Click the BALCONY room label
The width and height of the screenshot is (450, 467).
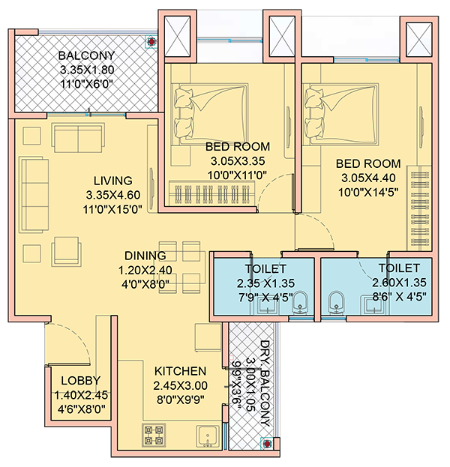[87, 55]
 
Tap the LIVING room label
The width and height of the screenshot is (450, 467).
[113, 181]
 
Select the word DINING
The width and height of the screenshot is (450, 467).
[145, 256]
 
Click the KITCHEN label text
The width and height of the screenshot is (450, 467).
[180, 371]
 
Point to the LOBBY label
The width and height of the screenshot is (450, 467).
[81, 381]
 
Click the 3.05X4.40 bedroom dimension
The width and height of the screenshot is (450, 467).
[368, 178]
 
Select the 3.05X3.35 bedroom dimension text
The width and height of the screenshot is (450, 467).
[238, 161]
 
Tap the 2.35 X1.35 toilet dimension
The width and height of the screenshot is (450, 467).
[265, 283]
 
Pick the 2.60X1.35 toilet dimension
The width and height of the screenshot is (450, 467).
[399, 283]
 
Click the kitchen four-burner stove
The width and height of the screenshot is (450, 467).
[154, 435]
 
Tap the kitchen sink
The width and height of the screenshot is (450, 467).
[208, 436]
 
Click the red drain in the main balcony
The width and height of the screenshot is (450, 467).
[151, 42]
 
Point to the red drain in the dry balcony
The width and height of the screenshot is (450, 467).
[267, 444]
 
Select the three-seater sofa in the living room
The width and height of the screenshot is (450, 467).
[34, 195]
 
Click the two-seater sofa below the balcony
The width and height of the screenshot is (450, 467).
[79, 139]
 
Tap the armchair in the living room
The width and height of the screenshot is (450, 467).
[66, 251]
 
